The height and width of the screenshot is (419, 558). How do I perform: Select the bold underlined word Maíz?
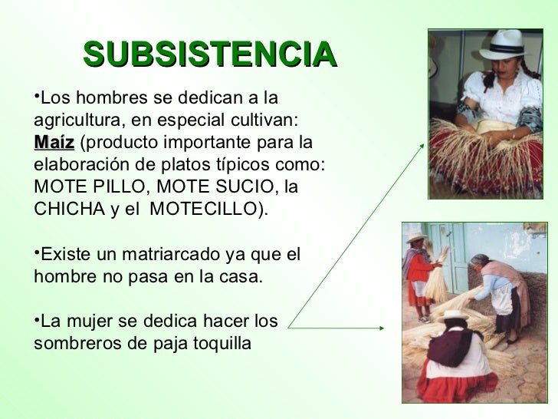pyautogui.click(x=54, y=144)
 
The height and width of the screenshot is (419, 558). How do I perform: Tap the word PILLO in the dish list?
pyautogui.click(x=115, y=187)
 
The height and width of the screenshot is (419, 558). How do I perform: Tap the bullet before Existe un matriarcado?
pyautogui.click(x=37, y=252)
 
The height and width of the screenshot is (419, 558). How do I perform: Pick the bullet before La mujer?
pyautogui.click(x=37, y=318)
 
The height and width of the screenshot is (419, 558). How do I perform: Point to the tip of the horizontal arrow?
pyautogui.click(x=382, y=328)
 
